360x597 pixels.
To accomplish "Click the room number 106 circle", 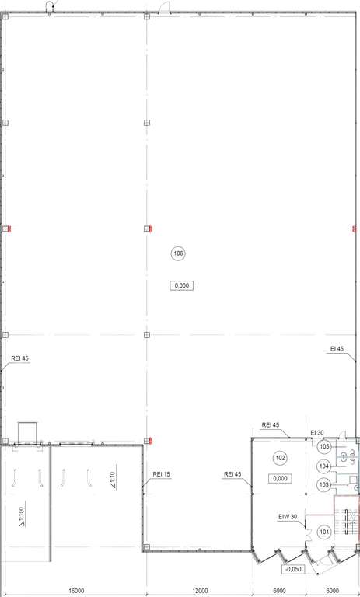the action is (178, 253).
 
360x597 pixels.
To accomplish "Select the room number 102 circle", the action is (280, 458).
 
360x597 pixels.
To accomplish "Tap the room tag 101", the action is (324, 532).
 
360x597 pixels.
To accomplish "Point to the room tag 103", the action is (323, 485).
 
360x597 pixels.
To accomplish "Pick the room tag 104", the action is (323, 466).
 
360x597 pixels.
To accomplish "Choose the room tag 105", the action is (324, 446).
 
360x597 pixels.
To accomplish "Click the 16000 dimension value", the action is (76, 591).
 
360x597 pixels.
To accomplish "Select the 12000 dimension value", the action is (200, 591).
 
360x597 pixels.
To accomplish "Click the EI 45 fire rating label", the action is (337, 349).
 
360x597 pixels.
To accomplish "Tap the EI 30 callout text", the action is (317, 432).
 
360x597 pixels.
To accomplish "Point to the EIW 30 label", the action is (288, 517).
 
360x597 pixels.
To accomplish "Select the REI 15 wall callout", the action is (161, 474).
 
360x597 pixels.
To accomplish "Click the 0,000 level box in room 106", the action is (181, 285).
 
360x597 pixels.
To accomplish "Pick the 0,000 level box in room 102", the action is (280, 478).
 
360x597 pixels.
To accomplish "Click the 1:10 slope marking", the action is (112, 480).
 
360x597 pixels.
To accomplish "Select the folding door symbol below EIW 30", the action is (308, 532).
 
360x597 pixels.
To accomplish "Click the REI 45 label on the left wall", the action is (20, 358).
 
